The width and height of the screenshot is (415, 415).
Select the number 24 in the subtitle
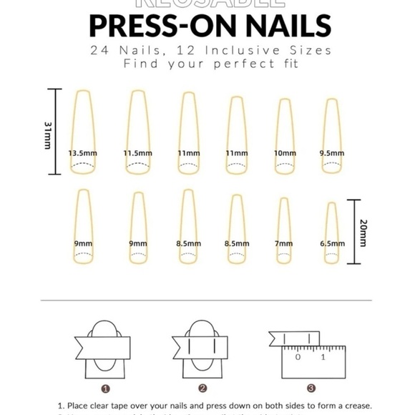tap(99, 50)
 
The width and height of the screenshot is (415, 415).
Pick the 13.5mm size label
tap(83, 153)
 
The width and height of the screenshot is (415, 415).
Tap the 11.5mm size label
tap(138, 153)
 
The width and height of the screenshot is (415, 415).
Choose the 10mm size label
tap(284, 153)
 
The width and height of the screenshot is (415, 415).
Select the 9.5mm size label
tap(331, 153)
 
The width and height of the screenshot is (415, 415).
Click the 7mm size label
tap(284, 243)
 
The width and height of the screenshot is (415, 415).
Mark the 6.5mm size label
tap(332, 243)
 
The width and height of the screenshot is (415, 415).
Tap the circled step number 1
tap(105, 389)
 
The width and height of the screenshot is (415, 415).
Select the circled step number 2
tap(202, 389)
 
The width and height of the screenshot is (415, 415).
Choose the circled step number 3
tap(311, 389)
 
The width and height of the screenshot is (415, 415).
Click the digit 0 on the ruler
tap(298, 356)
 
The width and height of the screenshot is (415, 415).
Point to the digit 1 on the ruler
tap(323, 356)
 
